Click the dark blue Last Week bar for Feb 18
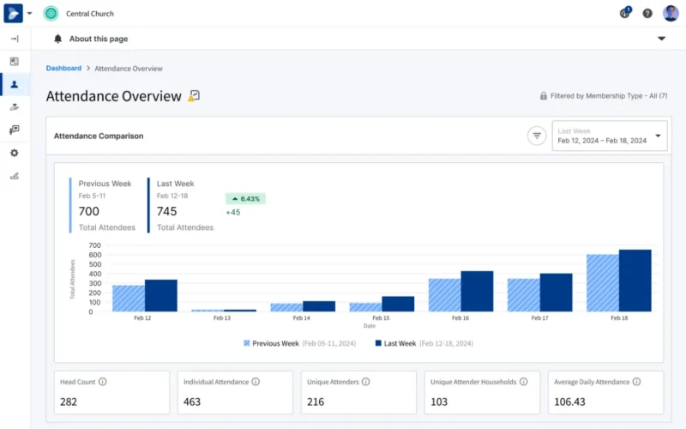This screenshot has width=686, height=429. click(x=635, y=281)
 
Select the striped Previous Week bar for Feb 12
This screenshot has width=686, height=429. click(x=129, y=299)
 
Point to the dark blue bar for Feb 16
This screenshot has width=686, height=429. click(x=477, y=292)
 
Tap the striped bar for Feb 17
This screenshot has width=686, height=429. click(x=523, y=295)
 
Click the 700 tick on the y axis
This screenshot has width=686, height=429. click(x=95, y=245)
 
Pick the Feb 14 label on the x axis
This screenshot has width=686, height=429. click(x=302, y=318)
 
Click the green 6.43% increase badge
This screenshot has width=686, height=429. click(x=245, y=198)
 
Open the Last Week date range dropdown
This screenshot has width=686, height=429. click(x=609, y=136)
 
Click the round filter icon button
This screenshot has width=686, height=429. click(x=537, y=136)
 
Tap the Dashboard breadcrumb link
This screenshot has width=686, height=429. click(x=63, y=68)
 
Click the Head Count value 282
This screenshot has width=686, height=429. click(x=69, y=402)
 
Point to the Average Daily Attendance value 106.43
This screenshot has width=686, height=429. click(x=570, y=402)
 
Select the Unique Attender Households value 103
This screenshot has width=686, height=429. click(x=440, y=402)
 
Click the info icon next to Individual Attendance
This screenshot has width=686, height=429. click(x=256, y=382)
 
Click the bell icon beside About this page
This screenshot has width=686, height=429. click(x=57, y=39)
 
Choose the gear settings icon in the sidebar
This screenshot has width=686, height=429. click(x=14, y=153)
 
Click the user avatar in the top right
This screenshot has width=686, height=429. click(x=671, y=13)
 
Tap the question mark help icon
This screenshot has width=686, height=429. click(x=647, y=14)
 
